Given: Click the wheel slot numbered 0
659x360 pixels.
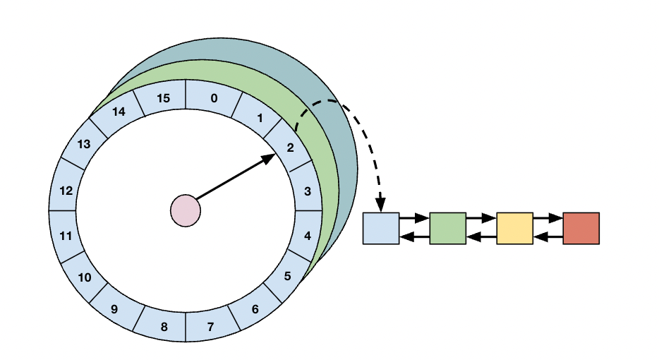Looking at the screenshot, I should tap(214, 98).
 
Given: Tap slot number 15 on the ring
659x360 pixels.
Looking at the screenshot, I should tap(163, 98).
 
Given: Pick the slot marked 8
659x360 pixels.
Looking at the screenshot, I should tap(164, 327).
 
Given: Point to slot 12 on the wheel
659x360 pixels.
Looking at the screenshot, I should tap(66, 191).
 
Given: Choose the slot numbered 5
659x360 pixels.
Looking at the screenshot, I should tap(287, 277).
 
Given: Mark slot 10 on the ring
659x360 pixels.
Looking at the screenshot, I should tap(85, 277).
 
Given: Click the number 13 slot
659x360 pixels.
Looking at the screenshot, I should tap(84, 144).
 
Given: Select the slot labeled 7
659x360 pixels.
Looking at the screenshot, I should tap(210, 327).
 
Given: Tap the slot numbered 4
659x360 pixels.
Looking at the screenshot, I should tap(307, 236).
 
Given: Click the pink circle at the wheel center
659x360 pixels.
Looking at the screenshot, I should tap(186, 210).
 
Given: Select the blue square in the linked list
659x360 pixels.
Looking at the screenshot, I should tap(381, 228).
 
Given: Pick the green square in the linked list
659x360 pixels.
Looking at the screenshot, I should tap(447, 228).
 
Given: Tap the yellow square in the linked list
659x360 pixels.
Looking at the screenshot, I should tap(514, 228).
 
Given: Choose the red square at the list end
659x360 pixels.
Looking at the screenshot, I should tap(581, 228).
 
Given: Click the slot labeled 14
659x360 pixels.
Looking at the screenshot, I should tap(118, 112).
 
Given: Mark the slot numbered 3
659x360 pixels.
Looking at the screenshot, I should tap(307, 191).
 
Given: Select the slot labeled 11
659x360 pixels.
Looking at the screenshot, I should tap(66, 236).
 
